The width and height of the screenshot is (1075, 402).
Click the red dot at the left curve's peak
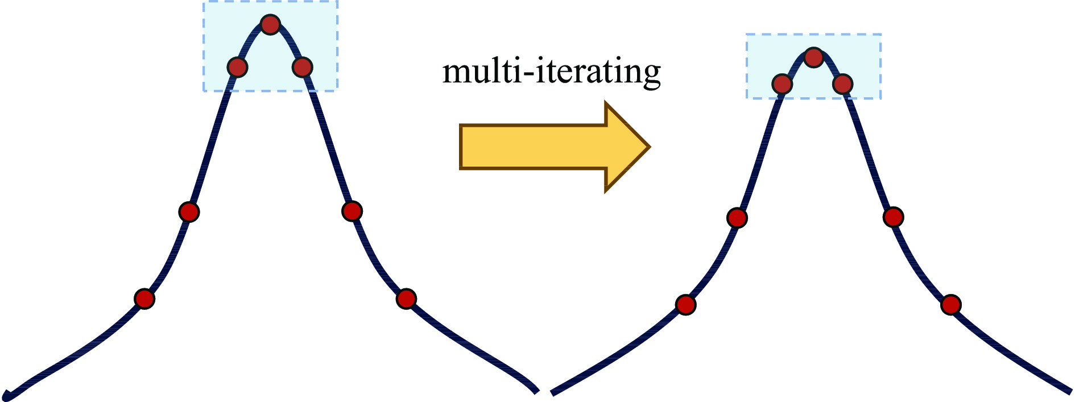[270, 24]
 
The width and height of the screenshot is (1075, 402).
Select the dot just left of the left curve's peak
[237, 67]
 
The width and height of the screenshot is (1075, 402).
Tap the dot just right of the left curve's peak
[302, 67]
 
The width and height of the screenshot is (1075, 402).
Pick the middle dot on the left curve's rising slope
[189, 212]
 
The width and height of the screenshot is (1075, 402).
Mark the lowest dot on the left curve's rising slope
[144, 298]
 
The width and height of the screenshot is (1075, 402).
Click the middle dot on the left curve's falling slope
[352, 211]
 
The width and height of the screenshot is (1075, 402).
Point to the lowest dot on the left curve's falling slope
[406, 298]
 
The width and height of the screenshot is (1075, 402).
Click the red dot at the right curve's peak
[814, 57]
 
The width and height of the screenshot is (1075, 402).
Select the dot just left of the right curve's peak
[783, 84]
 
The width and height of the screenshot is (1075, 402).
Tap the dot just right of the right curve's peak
[842, 84]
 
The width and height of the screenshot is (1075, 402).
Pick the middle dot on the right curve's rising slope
[737, 217]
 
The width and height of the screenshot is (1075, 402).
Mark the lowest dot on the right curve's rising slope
[686, 305]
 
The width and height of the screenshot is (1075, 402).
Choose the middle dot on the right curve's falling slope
[894, 217]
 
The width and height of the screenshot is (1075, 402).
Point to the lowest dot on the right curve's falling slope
[950, 305]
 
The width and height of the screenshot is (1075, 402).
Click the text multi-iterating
[552, 72]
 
